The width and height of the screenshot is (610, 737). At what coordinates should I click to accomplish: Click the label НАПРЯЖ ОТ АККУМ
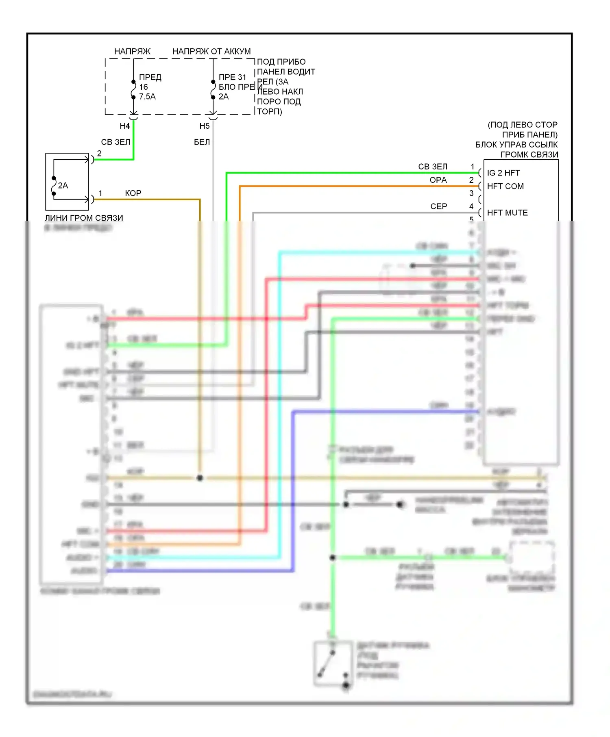click(211, 52)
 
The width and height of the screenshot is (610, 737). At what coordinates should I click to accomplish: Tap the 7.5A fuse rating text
click(147, 97)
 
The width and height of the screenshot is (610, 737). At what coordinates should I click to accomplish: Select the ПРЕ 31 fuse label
click(232, 77)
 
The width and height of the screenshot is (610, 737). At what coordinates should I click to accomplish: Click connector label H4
click(124, 126)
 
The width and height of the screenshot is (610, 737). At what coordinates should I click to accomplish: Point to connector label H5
click(204, 126)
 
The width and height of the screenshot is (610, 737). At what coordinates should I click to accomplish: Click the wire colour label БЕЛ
click(202, 142)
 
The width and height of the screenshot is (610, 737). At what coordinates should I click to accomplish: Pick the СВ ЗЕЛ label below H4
click(115, 142)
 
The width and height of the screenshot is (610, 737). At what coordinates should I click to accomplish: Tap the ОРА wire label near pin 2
click(438, 180)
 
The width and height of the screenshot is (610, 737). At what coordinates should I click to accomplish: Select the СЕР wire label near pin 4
click(438, 206)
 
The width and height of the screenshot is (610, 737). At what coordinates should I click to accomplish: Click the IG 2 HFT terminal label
click(503, 173)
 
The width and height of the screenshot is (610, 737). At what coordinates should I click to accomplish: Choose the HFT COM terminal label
click(505, 186)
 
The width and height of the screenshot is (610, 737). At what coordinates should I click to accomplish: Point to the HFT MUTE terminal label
click(507, 213)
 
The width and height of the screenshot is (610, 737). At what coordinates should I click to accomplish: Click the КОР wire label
click(133, 193)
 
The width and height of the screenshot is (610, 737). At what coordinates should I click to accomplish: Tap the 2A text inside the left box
click(63, 186)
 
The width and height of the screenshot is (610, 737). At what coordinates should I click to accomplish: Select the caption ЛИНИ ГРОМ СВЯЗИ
click(84, 218)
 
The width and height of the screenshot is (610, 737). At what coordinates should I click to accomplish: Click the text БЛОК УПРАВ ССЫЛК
click(516, 145)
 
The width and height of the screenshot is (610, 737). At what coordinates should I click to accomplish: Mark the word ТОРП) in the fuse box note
click(269, 112)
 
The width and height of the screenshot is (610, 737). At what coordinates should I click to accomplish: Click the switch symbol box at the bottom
click(333, 663)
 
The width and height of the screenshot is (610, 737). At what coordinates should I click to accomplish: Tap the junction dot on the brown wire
click(200, 478)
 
